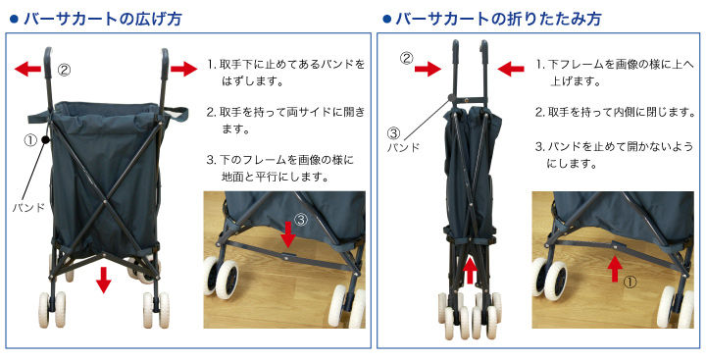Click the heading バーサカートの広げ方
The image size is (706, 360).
(x=103, y=19)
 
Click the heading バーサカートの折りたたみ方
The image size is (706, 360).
(x=498, y=19)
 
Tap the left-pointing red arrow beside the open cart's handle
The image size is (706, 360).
(x=27, y=69)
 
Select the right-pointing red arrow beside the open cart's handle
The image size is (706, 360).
(x=183, y=69)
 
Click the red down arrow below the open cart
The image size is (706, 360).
(x=104, y=280)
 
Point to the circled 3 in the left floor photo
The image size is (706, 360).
(x=301, y=220)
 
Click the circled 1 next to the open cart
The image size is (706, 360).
(x=30, y=140)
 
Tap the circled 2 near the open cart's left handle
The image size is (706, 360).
(x=65, y=70)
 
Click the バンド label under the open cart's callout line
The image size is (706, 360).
(x=28, y=208)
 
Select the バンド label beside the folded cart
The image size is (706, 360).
(x=403, y=147)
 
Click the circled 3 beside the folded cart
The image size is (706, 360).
(x=393, y=133)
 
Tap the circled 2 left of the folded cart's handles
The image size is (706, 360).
(x=407, y=58)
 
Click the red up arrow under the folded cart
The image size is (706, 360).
(x=470, y=270)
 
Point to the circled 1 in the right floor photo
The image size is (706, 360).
(x=630, y=282)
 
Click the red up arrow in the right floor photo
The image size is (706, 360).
(x=615, y=268)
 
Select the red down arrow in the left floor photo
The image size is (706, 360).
(x=288, y=234)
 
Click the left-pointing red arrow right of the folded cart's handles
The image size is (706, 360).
(x=511, y=69)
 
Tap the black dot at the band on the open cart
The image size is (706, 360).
(x=45, y=140)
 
